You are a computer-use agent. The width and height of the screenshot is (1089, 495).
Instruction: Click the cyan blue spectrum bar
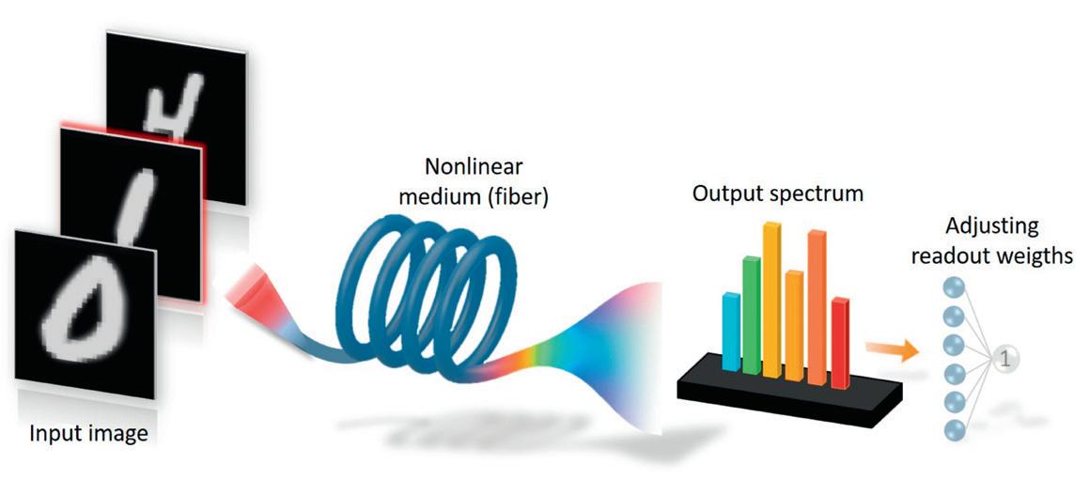click(x=731, y=331)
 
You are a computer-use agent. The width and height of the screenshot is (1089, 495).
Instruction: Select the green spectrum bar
click(x=751, y=313)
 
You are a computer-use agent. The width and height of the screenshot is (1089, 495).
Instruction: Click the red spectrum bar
click(x=840, y=341)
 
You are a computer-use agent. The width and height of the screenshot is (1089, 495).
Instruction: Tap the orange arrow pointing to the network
click(x=891, y=351)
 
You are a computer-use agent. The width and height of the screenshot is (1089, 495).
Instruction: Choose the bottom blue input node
click(x=951, y=429)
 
